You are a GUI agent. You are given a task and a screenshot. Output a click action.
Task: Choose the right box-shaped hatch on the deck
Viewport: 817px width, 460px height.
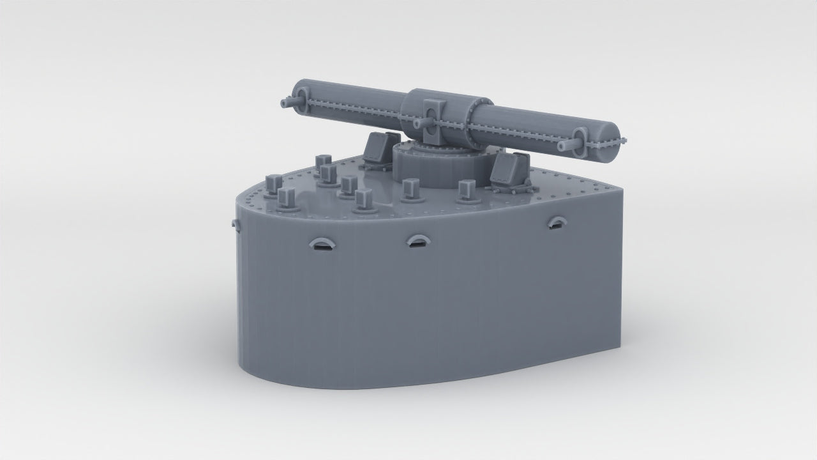tap(511, 172)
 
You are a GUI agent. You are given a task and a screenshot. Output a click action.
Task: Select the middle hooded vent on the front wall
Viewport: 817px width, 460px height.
tap(418, 241)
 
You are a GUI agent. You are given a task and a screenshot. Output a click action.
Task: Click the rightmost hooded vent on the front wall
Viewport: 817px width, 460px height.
tap(557, 222)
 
